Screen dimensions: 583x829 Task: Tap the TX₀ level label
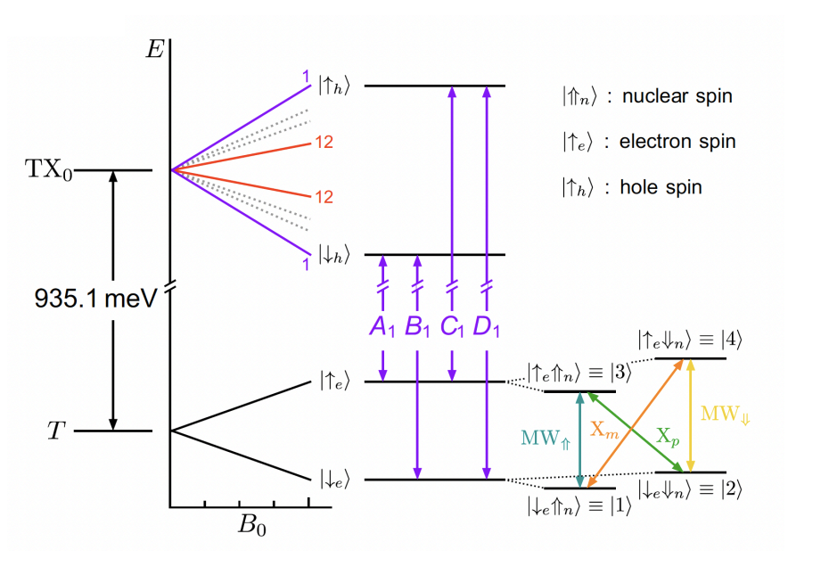pyautogui.click(x=54, y=170)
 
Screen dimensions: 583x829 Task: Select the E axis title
pyautogui.click(x=154, y=50)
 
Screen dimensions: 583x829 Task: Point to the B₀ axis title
pyautogui.click(x=253, y=524)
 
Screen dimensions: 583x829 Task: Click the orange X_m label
pyautogui.click(x=605, y=429)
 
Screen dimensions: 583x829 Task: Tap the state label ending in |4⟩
pyautogui.click(x=689, y=340)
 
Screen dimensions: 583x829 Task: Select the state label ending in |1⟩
pyautogui.click(x=579, y=505)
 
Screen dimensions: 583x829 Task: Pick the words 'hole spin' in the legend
pyautogui.click(x=661, y=188)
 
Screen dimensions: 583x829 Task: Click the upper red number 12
pyautogui.click(x=322, y=143)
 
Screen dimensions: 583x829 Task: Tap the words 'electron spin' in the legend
pyautogui.click(x=677, y=142)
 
